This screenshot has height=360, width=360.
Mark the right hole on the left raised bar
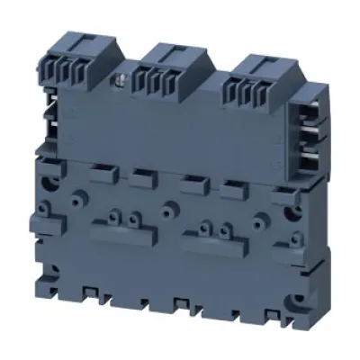point(133,218)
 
